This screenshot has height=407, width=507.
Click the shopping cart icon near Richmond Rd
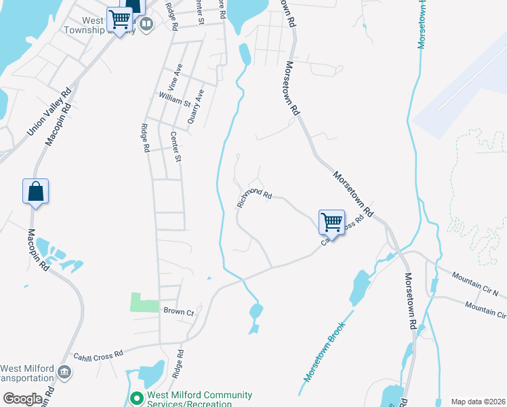click(x=331, y=221)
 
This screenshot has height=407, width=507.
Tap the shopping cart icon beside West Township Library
click(x=120, y=20)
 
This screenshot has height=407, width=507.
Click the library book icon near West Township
click(x=146, y=24)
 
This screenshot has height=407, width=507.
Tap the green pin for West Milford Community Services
click(x=136, y=398)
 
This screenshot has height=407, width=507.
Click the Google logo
click(x=22, y=398)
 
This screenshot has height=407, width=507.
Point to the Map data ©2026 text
click(x=479, y=402)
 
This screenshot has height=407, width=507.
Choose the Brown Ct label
click(x=179, y=311)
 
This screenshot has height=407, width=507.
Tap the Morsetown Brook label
click(x=325, y=351)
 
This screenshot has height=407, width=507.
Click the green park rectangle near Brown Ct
click(x=144, y=303)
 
